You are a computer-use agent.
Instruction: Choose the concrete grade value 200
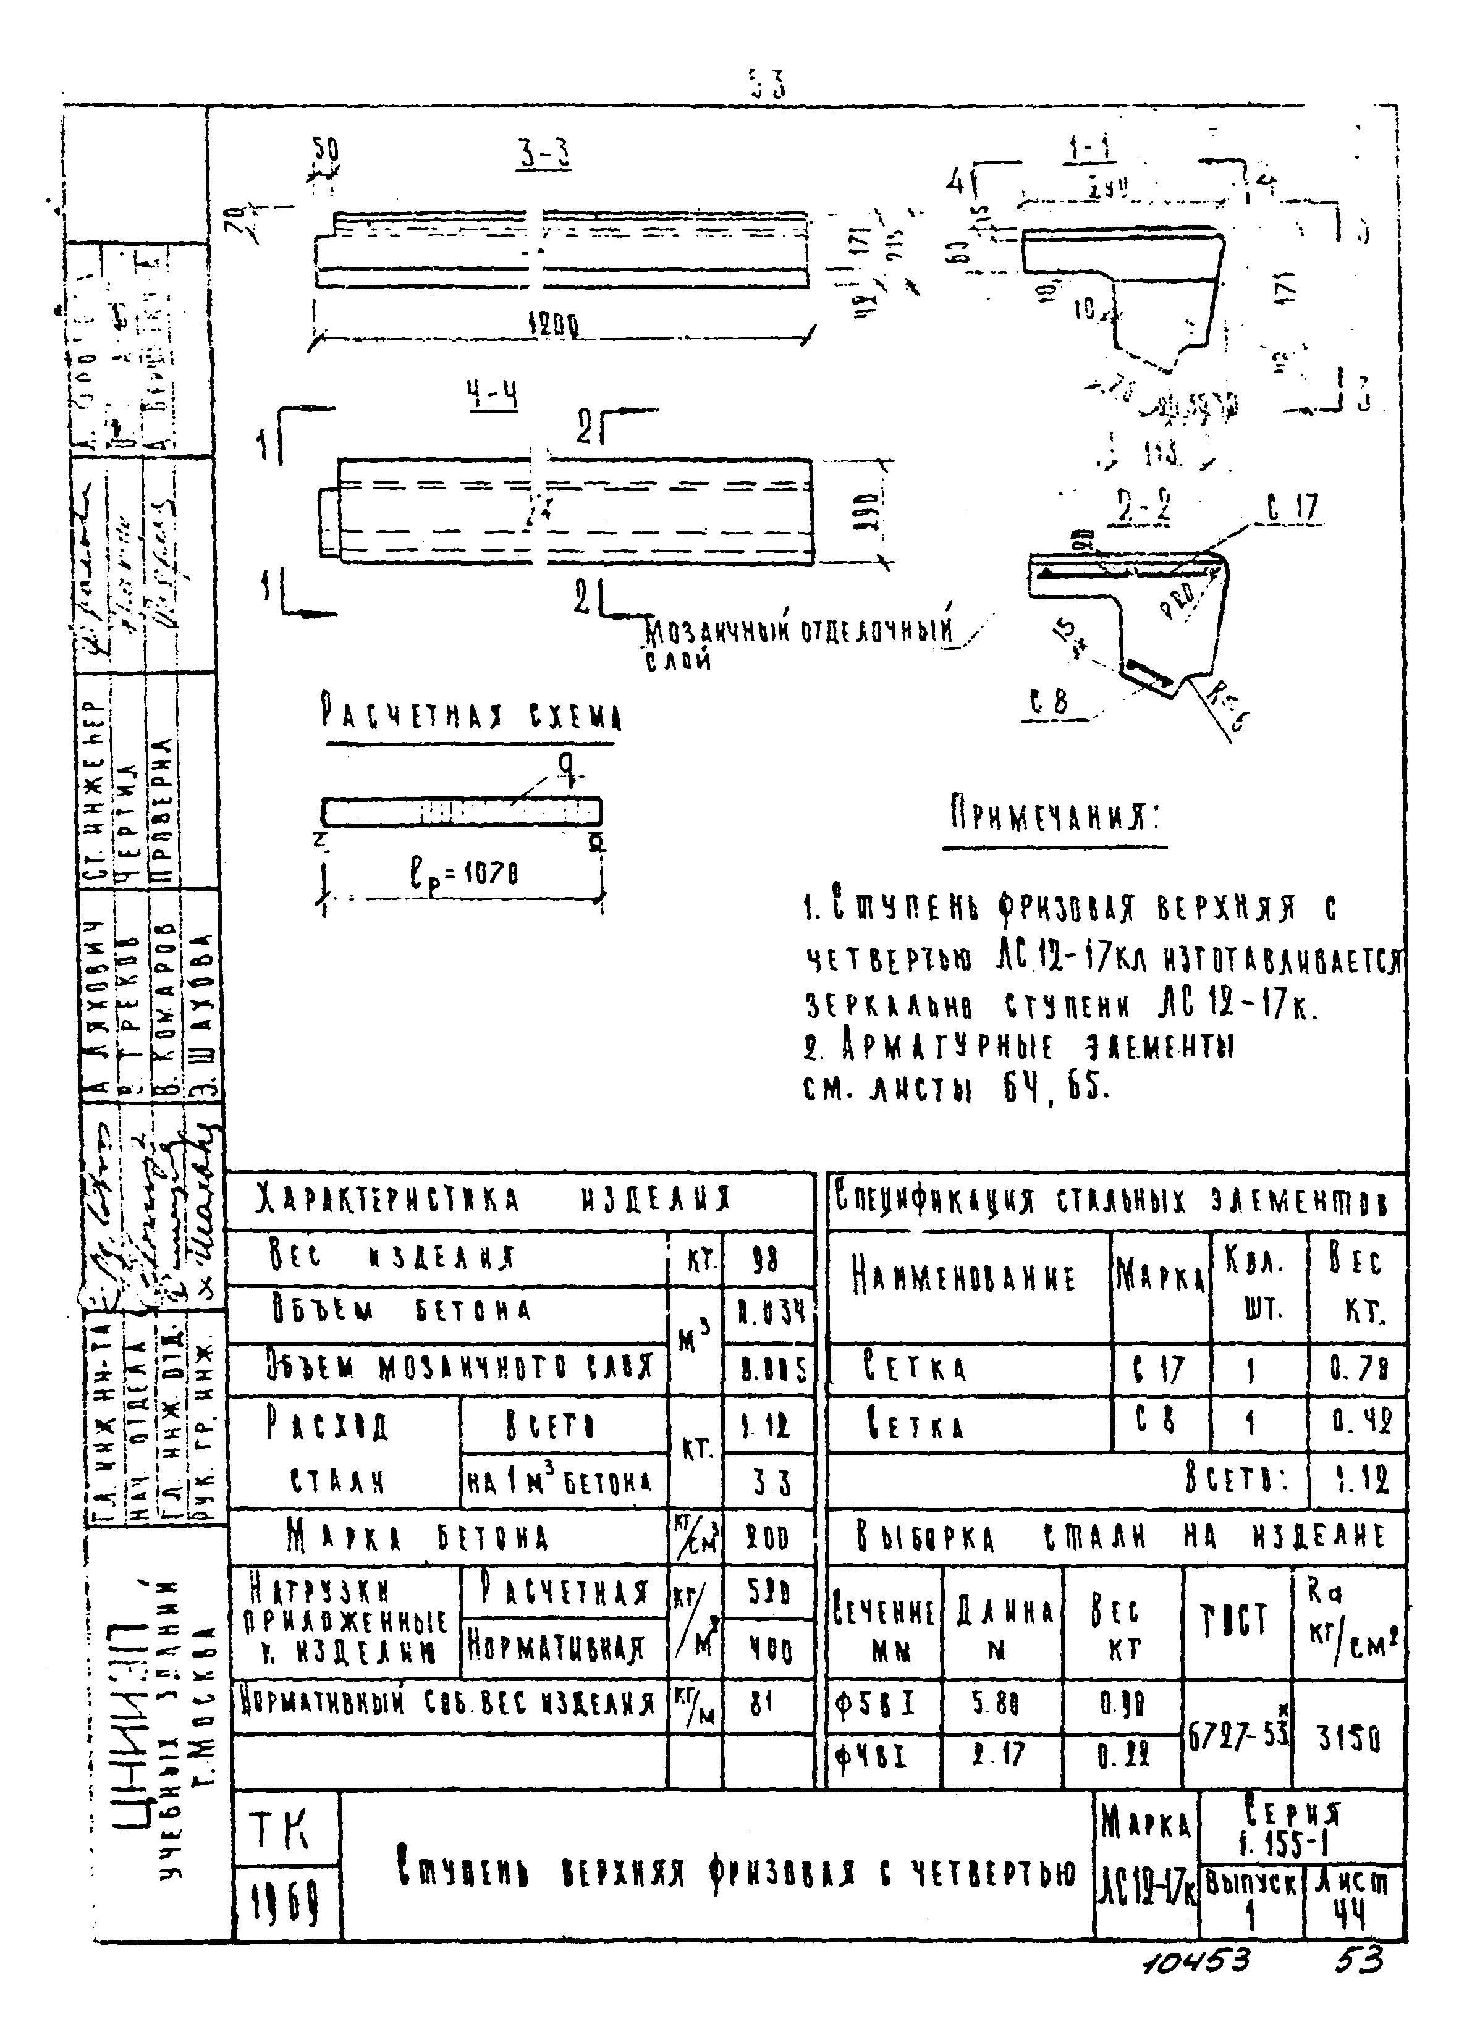click(x=768, y=1540)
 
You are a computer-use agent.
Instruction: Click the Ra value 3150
click(x=1348, y=1740)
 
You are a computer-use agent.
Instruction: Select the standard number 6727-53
click(x=1237, y=1738)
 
